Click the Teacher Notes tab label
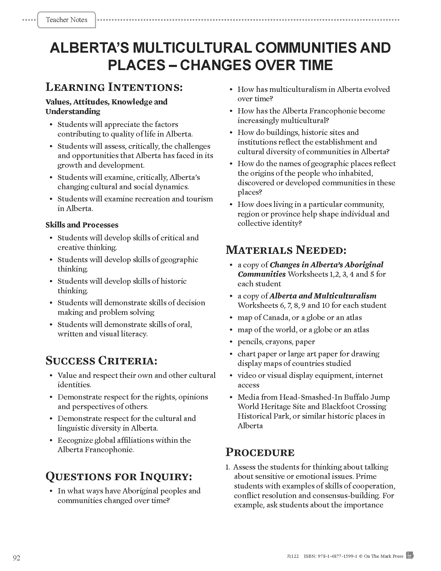point(67,20)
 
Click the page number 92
point(16,558)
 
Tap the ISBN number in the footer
point(330,556)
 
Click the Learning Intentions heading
point(114,87)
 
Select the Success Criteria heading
point(101,361)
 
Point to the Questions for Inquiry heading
point(119,476)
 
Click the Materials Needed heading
point(286,250)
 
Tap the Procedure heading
point(260,452)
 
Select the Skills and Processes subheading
point(82,225)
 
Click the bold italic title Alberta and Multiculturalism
point(323,296)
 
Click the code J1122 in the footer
point(293,556)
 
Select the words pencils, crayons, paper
point(276,342)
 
